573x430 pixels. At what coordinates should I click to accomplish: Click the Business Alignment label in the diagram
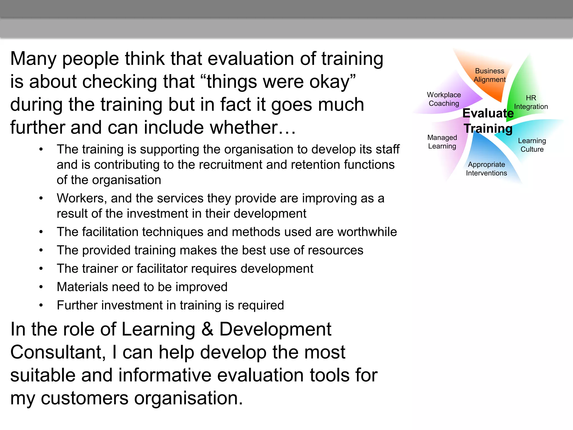(x=490, y=75)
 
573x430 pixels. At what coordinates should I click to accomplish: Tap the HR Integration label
(x=531, y=102)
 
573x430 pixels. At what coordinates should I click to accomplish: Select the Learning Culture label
(x=532, y=145)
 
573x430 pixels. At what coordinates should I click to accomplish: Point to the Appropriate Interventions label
(x=486, y=169)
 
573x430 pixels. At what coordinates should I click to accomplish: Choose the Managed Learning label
(x=442, y=142)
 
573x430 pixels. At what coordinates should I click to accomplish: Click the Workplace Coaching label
(x=444, y=99)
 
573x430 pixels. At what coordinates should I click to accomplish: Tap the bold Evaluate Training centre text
(x=488, y=121)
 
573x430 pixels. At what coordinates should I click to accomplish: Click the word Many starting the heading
(x=33, y=59)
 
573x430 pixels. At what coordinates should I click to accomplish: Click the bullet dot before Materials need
(x=41, y=287)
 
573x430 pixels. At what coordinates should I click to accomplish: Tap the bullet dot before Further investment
(x=41, y=305)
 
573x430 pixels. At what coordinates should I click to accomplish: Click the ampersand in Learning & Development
(x=207, y=329)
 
